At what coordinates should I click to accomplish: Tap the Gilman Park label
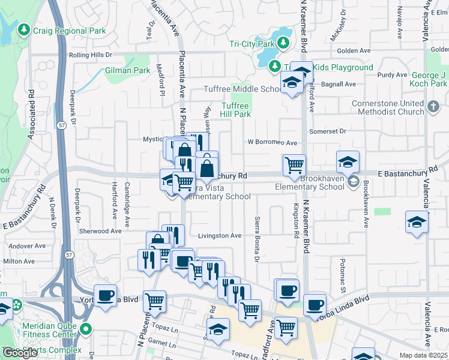(x=127, y=70)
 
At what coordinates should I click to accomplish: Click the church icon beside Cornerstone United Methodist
(x=435, y=106)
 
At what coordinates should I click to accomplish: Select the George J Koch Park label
(x=428, y=80)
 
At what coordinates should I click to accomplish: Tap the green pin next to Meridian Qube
(x=86, y=329)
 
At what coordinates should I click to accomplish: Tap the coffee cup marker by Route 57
(x=106, y=295)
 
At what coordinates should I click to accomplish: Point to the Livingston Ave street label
(x=220, y=236)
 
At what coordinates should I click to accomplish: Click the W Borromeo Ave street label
(x=273, y=143)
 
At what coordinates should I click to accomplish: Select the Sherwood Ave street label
(x=100, y=230)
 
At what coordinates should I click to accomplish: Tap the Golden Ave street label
(x=352, y=52)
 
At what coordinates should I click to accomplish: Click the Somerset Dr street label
(x=328, y=131)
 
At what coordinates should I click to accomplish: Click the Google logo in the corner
(x=20, y=353)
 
